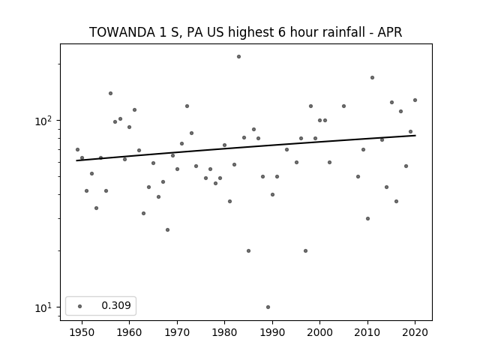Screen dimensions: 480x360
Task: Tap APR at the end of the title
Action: click(x=389, y=32)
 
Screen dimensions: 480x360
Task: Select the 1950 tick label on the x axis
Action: click(x=82, y=332)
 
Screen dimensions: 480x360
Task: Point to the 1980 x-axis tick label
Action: click(x=224, y=332)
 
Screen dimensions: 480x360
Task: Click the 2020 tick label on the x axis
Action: click(x=415, y=332)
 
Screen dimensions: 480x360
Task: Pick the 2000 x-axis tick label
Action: click(x=319, y=332)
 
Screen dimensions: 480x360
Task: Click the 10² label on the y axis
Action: click(x=43, y=121)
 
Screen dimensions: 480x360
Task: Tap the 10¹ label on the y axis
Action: click(x=43, y=307)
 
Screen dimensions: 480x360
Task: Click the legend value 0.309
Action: click(x=116, y=305)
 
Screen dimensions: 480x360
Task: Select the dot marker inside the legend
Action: click(x=80, y=306)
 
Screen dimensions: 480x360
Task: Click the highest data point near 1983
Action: click(x=238, y=57)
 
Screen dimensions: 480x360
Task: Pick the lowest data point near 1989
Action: click(x=268, y=307)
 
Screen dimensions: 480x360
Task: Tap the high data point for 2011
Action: click(x=372, y=78)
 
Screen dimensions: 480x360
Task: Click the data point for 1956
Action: click(x=110, y=93)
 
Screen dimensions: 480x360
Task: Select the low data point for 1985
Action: click(x=248, y=250)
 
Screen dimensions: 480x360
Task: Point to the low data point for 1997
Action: click(x=305, y=250)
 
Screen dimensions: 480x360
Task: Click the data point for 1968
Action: click(x=167, y=230)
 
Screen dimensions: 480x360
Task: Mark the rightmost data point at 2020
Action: click(x=415, y=100)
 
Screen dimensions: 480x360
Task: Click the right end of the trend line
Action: click(x=415, y=135)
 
